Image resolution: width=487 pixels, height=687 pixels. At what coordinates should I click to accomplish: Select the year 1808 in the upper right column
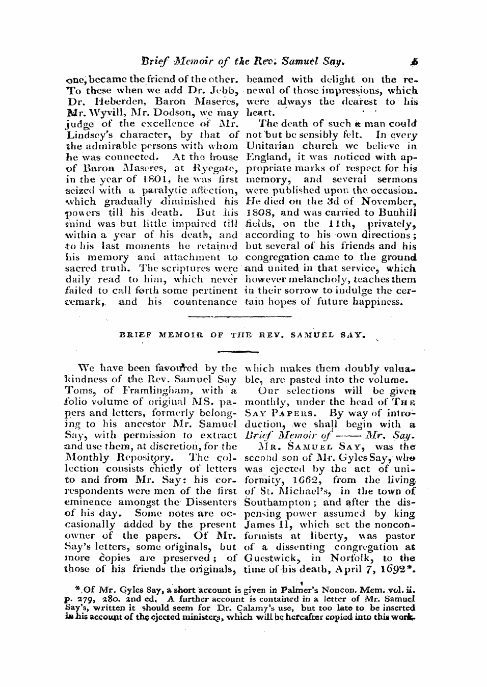pyautogui.click(x=258, y=213)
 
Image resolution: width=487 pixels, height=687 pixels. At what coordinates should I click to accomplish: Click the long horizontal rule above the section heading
pyautogui.click(x=239, y=318)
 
